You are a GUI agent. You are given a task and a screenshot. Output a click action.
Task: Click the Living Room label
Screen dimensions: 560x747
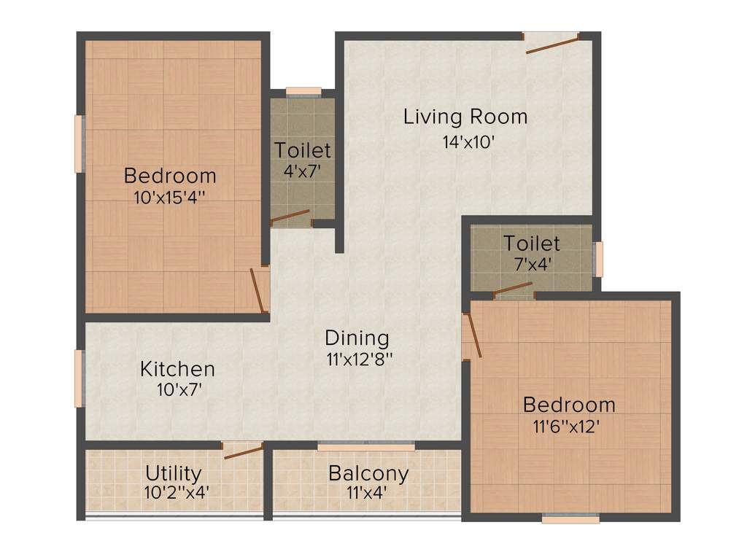coord(465,117)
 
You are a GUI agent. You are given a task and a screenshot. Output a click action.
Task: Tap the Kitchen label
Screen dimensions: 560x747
coord(177,369)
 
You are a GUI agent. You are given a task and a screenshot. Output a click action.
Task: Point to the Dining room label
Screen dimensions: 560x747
coord(357,338)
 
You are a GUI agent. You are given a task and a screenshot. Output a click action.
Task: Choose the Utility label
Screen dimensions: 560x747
coord(173,472)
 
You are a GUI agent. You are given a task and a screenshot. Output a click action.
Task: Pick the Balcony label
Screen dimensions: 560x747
coord(368,473)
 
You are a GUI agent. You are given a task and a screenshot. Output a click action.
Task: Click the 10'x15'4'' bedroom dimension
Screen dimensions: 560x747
coord(169,197)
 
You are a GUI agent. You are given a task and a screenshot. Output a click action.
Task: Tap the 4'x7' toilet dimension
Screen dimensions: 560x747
coord(302,172)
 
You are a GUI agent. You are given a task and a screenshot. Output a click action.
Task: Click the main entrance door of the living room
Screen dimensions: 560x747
coord(552,43)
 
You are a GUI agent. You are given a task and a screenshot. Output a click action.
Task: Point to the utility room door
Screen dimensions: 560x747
coord(244,451)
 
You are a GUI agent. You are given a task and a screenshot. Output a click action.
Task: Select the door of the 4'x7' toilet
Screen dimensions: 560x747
coord(290,217)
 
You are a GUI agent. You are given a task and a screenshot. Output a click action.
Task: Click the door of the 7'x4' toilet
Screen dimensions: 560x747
coord(513,290)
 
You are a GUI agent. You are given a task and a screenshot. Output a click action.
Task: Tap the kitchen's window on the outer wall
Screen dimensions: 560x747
coord(79,378)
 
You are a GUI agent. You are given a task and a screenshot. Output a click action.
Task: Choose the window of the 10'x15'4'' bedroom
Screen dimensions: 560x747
coord(79,144)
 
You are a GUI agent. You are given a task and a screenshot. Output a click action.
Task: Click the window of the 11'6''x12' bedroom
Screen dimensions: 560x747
coord(570,518)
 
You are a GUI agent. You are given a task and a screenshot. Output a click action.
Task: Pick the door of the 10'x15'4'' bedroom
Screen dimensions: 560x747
coord(259,289)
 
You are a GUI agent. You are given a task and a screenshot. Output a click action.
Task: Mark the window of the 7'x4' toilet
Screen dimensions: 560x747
coord(599,259)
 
